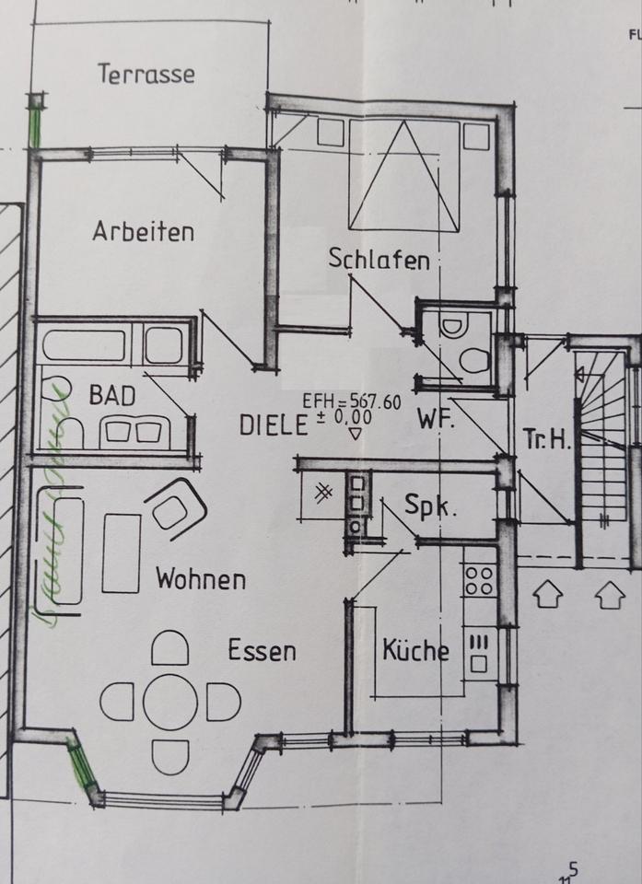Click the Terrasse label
coord(146,73)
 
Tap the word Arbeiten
coord(143,231)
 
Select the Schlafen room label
coord(379,260)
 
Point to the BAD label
coord(111,396)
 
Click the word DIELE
coord(273,425)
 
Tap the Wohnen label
coord(201,580)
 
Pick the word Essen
coord(263,651)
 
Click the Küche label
coord(415,651)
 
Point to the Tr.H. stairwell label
coord(547,438)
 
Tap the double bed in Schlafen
coord(403,175)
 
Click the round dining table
coord(170,702)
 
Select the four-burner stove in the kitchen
coord(479,580)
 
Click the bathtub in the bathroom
coord(84,344)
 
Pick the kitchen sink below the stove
coord(479,651)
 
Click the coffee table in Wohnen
coord(122,552)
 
